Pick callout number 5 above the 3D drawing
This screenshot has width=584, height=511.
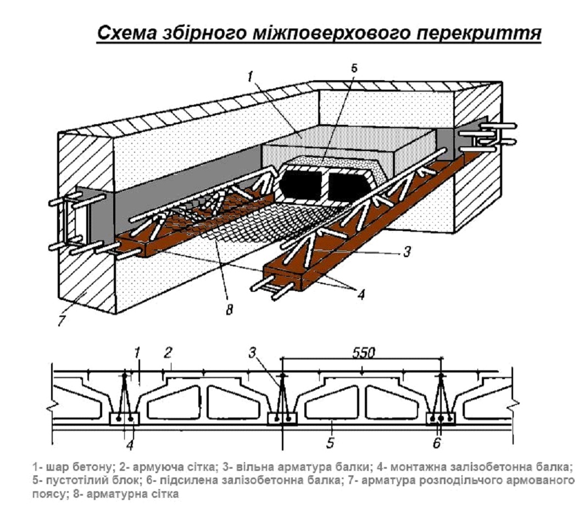(x=354, y=68)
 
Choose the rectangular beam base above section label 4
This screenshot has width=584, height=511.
(x=125, y=419)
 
